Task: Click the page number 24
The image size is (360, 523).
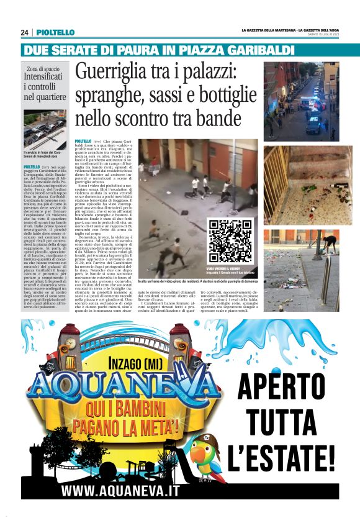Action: (x=25, y=32)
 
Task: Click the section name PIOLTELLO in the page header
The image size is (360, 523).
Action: (x=55, y=32)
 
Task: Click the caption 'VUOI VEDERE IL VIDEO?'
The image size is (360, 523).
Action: (x=230, y=268)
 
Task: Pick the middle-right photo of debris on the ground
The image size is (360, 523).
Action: (x=301, y=185)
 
